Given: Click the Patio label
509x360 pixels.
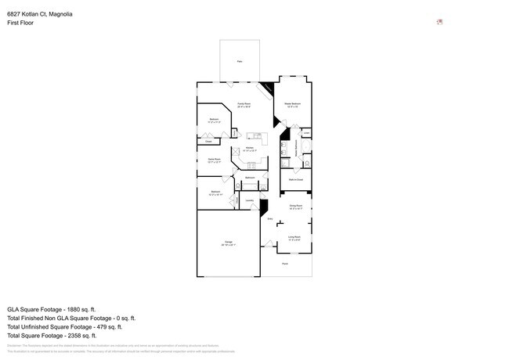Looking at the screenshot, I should click(x=240, y=60).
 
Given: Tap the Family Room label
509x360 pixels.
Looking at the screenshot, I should click(x=244, y=103).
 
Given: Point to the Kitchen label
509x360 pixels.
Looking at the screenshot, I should click(x=250, y=148).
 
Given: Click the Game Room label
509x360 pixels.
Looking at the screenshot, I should click(x=213, y=159).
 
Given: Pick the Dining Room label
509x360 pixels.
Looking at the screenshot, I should click(x=296, y=207).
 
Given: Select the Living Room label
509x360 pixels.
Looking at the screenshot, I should click(x=294, y=236).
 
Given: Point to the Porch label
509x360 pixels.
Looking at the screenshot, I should click(x=285, y=264).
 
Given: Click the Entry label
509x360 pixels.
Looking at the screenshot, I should click(x=270, y=219).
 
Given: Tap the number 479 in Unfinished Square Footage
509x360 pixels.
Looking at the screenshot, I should click(x=110, y=327).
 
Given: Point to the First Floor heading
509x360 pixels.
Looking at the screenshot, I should click(x=20, y=23).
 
